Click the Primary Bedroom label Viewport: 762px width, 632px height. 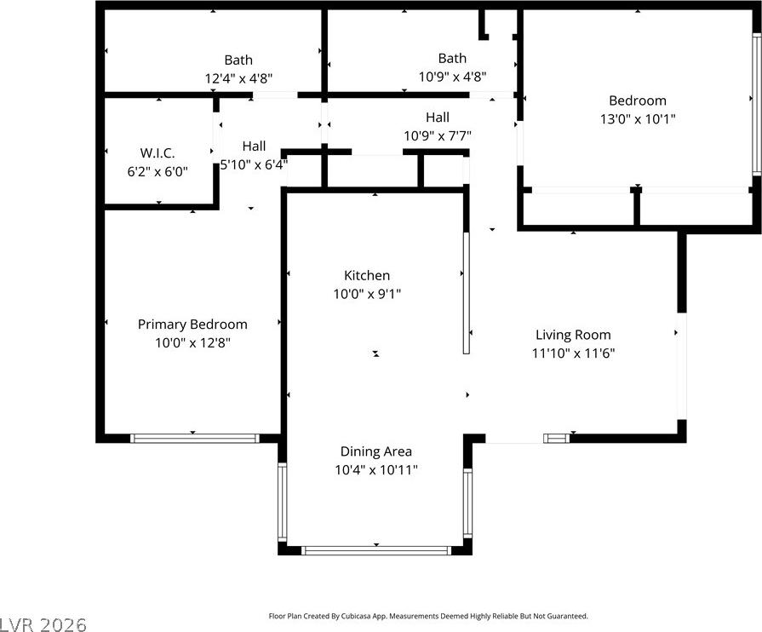click(x=192, y=325)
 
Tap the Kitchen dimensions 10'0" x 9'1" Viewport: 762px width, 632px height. click(x=367, y=294)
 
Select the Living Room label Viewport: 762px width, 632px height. click(x=573, y=335)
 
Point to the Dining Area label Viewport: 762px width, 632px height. click(x=376, y=451)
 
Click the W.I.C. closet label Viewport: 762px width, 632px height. click(x=158, y=153)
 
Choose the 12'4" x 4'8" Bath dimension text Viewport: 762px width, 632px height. click(x=238, y=78)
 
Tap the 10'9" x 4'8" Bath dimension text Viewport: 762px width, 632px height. click(x=452, y=77)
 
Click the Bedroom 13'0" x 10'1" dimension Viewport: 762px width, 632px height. click(x=638, y=118)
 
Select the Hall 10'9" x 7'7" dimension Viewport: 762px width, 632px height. click(x=438, y=135)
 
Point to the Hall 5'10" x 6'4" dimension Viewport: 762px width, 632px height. click(x=254, y=164)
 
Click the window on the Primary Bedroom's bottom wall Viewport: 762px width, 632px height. click(x=195, y=439)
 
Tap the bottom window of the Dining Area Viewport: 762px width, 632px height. click(x=376, y=551)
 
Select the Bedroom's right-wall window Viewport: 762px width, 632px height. click(x=757, y=105)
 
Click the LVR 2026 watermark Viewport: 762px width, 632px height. click(x=43, y=624)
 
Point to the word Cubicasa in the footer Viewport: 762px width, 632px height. click(x=355, y=616)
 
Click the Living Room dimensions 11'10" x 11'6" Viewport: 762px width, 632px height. click(x=573, y=353)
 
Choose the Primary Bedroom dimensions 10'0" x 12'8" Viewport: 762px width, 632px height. click(x=192, y=342)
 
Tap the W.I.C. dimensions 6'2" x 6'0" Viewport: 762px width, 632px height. click(x=158, y=171)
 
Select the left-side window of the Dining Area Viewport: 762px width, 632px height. click(x=282, y=502)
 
